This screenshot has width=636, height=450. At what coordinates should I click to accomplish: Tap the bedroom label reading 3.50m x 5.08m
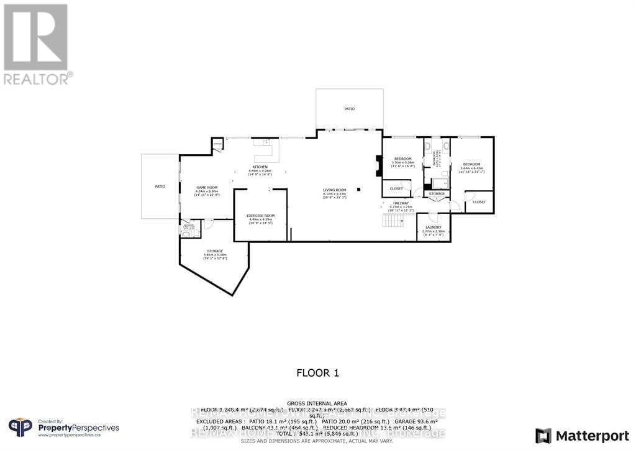pos(402,161)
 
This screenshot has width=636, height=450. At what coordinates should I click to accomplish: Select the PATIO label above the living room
pos(350,109)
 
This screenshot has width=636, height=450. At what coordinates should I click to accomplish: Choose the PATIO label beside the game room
pos(160,186)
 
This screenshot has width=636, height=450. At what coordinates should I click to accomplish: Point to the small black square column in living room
pos(358,190)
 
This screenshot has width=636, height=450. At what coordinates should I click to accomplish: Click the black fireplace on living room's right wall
pos(379,167)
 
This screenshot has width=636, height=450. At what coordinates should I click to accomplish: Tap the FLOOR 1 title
pos(317,373)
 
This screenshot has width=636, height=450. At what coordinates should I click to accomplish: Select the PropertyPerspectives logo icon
pos(20,428)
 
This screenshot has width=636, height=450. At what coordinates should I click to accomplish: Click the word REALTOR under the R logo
pos(36,78)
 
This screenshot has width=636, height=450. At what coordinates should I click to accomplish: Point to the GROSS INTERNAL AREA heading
pos(317,403)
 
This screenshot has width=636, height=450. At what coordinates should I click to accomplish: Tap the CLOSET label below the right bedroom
pos(479,202)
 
